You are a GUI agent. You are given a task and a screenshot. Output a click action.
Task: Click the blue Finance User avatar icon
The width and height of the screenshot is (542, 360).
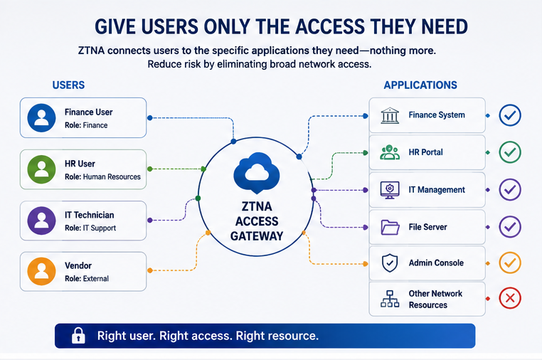[x=41, y=118]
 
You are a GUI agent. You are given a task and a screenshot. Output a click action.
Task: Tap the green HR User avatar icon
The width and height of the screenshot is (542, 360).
[x=41, y=169]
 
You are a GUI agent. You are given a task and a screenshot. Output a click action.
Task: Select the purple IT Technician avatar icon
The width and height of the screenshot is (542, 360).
[x=41, y=221]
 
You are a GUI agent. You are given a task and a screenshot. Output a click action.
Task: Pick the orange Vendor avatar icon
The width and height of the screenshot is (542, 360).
[x=41, y=271]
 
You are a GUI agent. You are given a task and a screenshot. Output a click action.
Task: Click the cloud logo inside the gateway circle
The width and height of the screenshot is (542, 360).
[x=257, y=173]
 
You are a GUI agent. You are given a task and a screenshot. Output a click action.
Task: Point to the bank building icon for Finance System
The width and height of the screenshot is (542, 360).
[x=390, y=115]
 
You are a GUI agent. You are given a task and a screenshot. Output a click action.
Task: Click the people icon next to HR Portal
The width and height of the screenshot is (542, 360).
[x=390, y=152]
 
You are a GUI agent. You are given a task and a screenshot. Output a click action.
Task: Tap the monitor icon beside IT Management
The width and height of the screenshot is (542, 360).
[x=390, y=190]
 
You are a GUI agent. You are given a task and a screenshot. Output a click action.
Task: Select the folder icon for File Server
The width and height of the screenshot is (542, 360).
[x=390, y=227]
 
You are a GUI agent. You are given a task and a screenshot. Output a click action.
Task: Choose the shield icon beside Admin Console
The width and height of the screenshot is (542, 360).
[x=390, y=263]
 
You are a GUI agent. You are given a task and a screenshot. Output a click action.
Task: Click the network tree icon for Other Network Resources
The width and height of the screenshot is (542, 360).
[x=390, y=299]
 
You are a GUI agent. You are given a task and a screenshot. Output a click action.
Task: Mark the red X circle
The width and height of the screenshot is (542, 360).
[x=510, y=298]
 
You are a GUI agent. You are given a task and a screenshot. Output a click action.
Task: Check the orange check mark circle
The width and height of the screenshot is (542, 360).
[x=510, y=263]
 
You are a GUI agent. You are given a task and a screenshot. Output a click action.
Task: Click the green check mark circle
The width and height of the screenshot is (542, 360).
[x=510, y=152]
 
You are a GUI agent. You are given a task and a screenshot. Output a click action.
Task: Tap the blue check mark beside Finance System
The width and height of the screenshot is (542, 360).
[x=510, y=115]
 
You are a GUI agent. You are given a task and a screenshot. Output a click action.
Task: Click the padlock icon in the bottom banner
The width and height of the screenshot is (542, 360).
[x=78, y=335]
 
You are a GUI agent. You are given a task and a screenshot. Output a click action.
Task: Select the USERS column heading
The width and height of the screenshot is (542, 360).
[x=68, y=85]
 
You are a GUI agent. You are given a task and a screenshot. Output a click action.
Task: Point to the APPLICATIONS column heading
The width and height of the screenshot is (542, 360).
[x=420, y=85]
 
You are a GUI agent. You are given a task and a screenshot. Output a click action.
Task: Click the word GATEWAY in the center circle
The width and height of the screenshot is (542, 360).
[x=257, y=236]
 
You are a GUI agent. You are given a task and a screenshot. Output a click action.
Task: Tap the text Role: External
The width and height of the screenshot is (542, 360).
[x=87, y=279]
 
